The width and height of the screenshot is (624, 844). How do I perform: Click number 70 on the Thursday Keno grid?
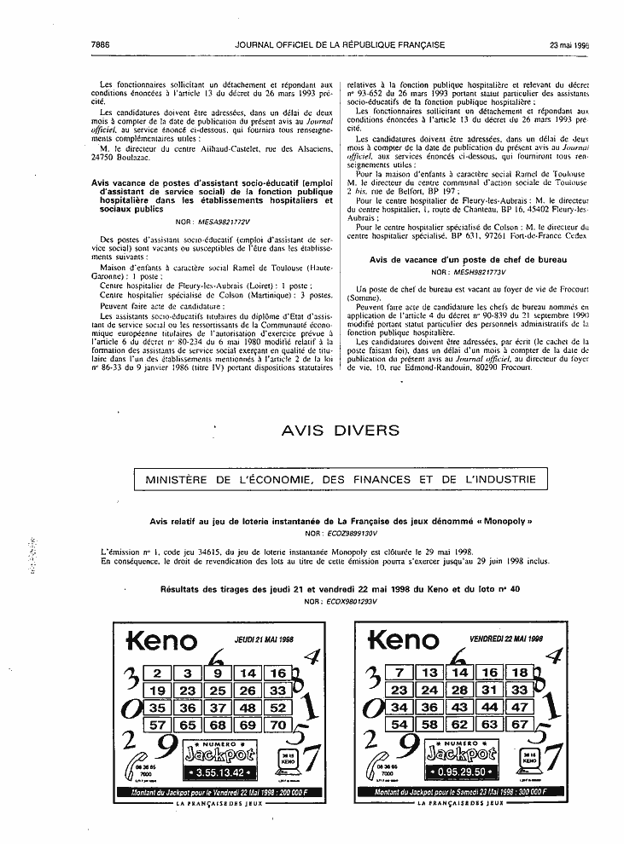[x=277, y=725]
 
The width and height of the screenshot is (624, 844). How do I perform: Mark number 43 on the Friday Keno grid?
[x=459, y=708]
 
